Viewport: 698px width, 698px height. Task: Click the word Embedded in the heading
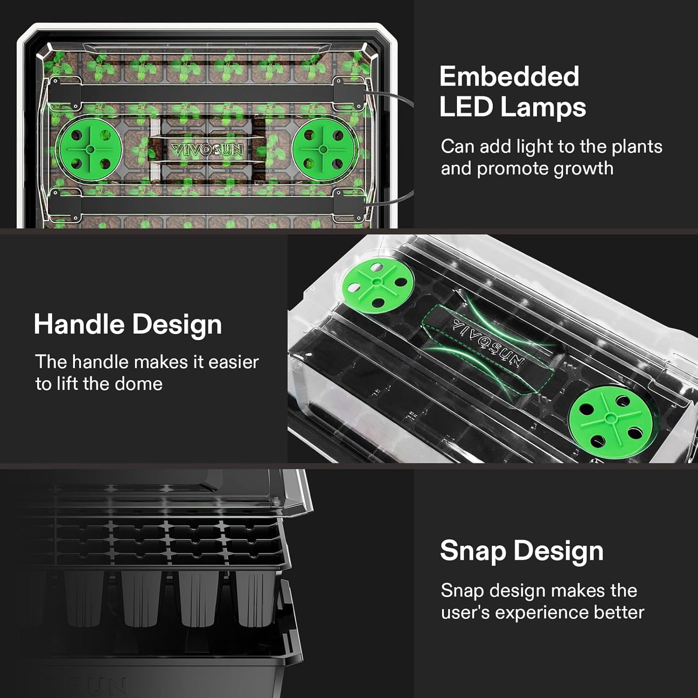click(509, 76)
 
